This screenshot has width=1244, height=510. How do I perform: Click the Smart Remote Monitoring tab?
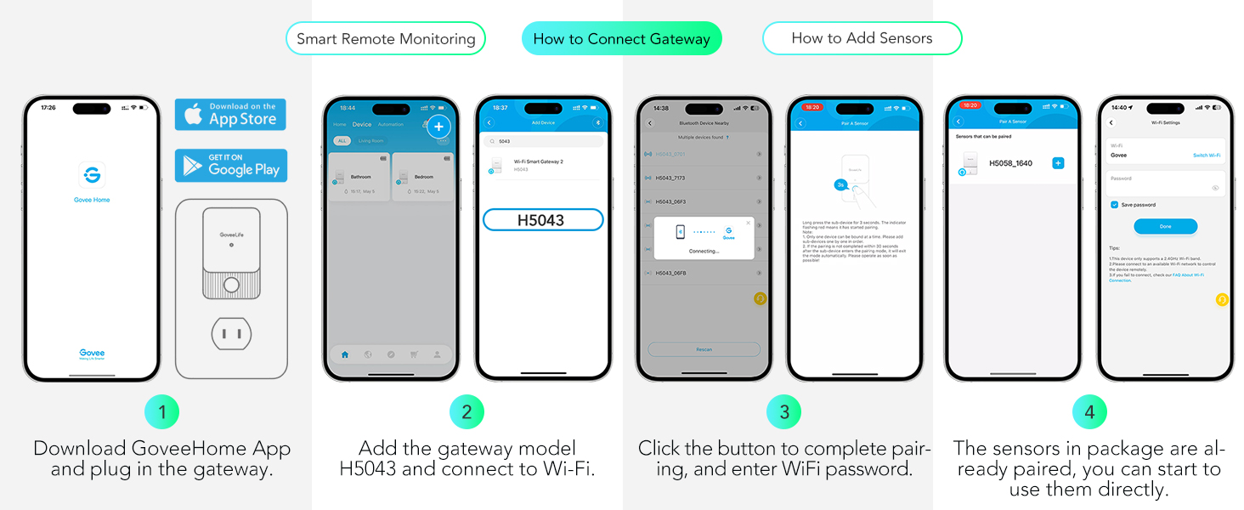pyautogui.click(x=385, y=39)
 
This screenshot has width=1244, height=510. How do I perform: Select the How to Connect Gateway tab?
pyautogui.click(x=621, y=39)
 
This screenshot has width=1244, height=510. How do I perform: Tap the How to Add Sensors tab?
pyautogui.click(x=862, y=38)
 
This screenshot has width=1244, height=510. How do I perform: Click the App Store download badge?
pyautogui.click(x=230, y=114)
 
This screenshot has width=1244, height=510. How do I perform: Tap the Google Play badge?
pyautogui.click(x=230, y=165)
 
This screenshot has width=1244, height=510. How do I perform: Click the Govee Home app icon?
pyautogui.click(x=92, y=175)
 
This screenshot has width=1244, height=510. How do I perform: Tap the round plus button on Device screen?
pyautogui.click(x=438, y=127)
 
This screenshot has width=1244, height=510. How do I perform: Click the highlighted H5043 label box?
pyautogui.click(x=543, y=220)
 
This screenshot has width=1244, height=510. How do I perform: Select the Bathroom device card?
pyautogui.click(x=359, y=177)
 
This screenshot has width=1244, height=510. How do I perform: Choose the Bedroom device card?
pyautogui.click(x=422, y=177)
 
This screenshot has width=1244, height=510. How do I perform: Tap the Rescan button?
pyautogui.click(x=704, y=349)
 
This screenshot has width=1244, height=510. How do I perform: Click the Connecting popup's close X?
pyautogui.click(x=748, y=224)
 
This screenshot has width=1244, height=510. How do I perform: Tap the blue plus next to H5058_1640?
pyautogui.click(x=1058, y=163)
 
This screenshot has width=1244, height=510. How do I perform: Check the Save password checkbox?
pyautogui.click(x=1114, y=205)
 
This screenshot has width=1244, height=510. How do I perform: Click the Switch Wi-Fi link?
pyautogui.click(x=1206, y=156)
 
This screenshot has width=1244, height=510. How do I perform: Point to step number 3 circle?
pyautogui.click(x=783, y=412)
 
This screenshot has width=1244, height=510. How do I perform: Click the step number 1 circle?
pyautogui.click(x=162, y=412)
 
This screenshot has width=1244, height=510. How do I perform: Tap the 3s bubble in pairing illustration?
pyautogui.click(x=840, y=184)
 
